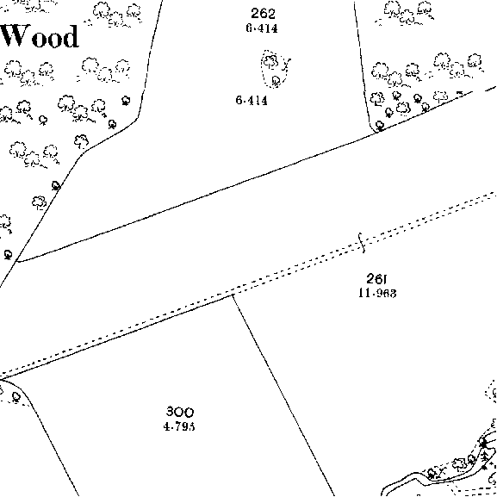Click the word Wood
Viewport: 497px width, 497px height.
point(40,36)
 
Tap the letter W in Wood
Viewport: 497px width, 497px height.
point(15,36)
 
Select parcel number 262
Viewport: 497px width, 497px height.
point(263,14)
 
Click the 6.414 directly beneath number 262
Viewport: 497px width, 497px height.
point(262,28)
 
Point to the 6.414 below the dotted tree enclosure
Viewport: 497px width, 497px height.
point(252,101)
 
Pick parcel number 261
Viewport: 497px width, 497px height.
point(376,279)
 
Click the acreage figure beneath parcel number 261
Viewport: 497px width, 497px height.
point(377,293)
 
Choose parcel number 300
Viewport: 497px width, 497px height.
point(180,412)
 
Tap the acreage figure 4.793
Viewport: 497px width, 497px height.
point(179,426)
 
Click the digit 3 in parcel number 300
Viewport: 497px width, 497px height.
point(171,412)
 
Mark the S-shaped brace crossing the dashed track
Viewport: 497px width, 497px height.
point(362,243)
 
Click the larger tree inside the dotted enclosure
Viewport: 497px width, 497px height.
point(270,61)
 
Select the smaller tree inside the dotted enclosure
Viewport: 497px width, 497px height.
point(276,81)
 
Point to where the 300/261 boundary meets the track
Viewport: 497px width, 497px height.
point(233,295)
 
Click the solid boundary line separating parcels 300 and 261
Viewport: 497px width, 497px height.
point(283,395)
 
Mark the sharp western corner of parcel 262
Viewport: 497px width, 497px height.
point(17,261)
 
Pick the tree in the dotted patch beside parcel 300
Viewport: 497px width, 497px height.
point(16,397)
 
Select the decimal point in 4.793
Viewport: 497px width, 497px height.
point(171,428)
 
